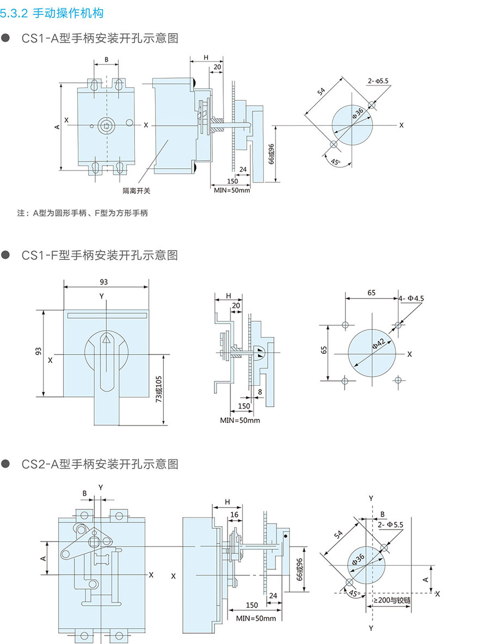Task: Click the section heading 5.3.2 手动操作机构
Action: (x=52, y=13)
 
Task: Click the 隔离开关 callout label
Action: (x=136, y=191)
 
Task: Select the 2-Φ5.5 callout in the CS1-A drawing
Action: (x=378, y=81)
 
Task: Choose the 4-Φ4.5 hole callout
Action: (x=411, y=298)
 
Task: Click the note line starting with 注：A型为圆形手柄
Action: (x=82, y=213)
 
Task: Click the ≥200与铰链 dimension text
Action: (x=392, y=600)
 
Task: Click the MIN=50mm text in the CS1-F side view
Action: (x=240, y=420)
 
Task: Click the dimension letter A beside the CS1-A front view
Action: (x=57, y=126)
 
